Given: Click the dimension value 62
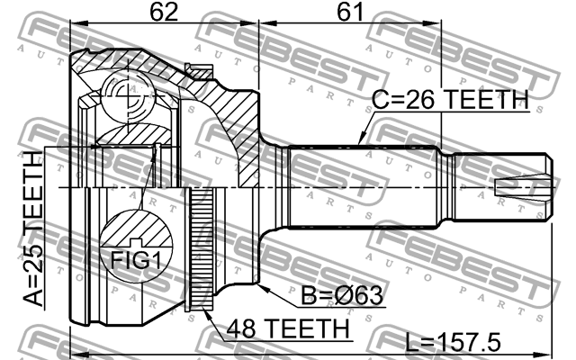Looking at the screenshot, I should [x=162, y=15].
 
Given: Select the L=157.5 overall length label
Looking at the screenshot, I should [x=453, y=342].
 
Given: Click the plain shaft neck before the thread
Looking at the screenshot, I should [x=446, y=187].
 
